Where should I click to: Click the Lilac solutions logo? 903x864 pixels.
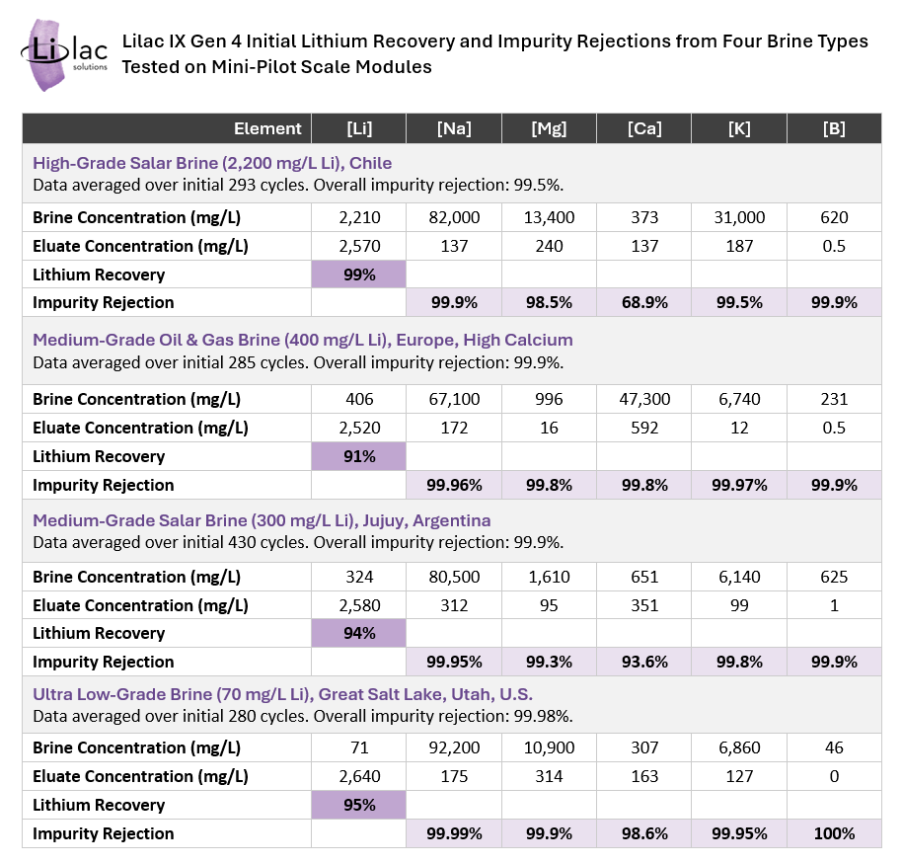(x=58, y=54)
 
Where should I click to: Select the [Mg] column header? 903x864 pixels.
(x=549, y=128)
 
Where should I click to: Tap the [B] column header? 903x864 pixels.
(x=834, y=128)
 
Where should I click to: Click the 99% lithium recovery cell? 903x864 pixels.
(x=358, y=275)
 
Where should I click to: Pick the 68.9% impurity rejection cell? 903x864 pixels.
(x=644, y=302)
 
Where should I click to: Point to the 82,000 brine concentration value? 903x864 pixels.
(x=454, y=217)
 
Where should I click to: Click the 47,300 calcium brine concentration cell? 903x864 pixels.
(x=644, y=399)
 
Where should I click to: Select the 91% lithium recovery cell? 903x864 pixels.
(x=358, y=456)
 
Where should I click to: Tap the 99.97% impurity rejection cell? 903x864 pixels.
(x=739, y=485)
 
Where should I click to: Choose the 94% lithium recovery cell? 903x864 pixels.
(x=358, y=633)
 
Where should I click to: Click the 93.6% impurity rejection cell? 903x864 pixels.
(x=644, y=662)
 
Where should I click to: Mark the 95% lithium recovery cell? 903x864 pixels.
(x=358, y=804)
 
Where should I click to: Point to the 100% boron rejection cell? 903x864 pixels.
(x=834, y=833)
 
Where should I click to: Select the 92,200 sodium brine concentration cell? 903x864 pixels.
(x=454, y=747)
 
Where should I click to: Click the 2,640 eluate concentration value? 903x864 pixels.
(x=358, y=776)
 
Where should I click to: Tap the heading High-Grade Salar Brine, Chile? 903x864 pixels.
(x=212, y=163)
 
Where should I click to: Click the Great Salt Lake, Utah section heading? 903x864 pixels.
(x=282, y=694)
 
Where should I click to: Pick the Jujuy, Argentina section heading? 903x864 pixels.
(x=262, y=519)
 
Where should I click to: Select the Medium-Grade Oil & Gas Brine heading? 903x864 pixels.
(x=302, y=340)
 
